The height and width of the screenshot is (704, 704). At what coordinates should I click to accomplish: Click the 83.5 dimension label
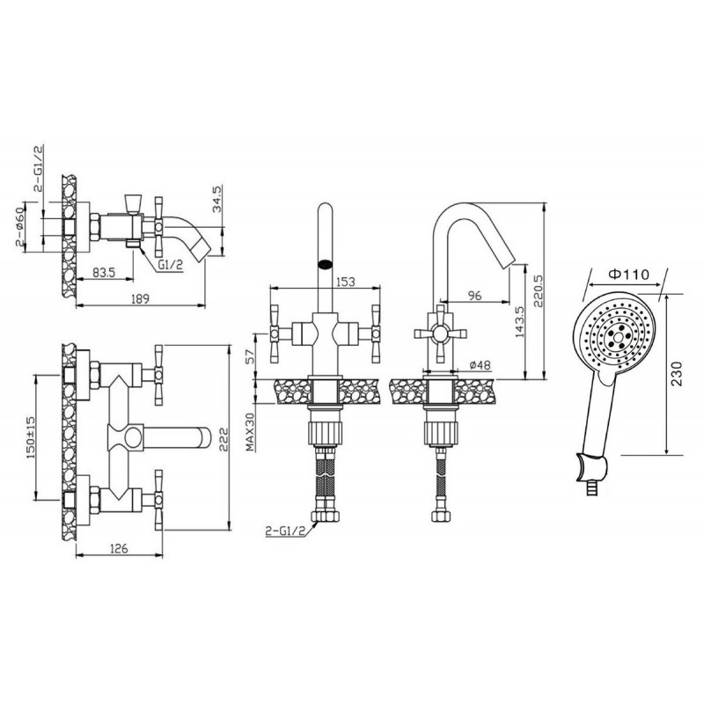[104, 272]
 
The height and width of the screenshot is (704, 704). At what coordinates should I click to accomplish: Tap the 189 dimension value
[141, 298]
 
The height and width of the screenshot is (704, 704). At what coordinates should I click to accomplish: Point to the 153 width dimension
[345, 282]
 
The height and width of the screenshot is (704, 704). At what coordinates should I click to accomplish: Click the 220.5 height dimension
[539, 291]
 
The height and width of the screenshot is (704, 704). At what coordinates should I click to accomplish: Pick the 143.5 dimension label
[519, 322]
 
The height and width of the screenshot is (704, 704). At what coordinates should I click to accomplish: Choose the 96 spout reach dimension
[474, 295]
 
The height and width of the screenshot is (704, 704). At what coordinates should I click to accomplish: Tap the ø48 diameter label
[480, 365]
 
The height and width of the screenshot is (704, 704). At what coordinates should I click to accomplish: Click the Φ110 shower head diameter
[628, 274]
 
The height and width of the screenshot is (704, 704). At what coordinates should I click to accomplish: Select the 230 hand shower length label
[677, 373]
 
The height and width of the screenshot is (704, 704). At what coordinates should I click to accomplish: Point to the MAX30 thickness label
[251, 432]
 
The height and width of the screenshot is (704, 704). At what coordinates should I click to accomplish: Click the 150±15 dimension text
[32, 436]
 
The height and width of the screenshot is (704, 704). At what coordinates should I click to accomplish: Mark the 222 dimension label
[224, 438]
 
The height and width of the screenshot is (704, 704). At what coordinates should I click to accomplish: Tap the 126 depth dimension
[119, 548]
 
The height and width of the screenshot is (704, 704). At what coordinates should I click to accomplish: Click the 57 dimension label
[251, 356]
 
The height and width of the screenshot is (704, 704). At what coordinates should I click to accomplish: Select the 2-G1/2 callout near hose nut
[285, 532]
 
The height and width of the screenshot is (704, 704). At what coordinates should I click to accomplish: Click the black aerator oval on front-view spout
[325, 264]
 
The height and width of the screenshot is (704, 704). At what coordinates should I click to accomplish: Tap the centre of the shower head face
[619, 337]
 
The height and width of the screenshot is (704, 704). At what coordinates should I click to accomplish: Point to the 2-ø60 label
[21, 228]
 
